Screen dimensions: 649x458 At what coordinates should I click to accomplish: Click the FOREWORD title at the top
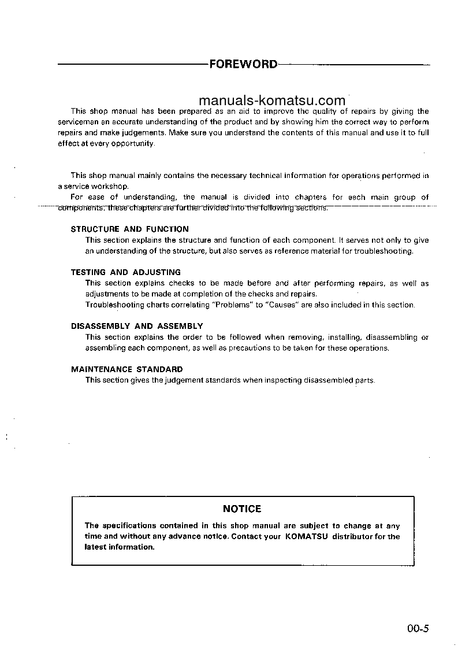(243, 64)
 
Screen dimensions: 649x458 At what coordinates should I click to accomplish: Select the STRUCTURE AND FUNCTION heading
(129, 229)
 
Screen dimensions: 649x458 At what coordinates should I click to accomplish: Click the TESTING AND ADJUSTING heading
(125, 272)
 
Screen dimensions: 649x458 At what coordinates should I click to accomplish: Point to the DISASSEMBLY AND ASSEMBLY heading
(137, 326)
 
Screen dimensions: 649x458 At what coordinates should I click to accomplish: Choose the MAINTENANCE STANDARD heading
(126, 369)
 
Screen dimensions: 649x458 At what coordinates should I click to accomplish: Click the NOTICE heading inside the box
(242, 509)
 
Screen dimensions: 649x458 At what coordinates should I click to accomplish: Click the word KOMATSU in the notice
(306, 537)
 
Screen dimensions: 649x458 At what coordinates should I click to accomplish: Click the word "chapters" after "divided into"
(311, 197)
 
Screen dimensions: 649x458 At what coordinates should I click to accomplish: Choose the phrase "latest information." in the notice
(119, 547)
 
